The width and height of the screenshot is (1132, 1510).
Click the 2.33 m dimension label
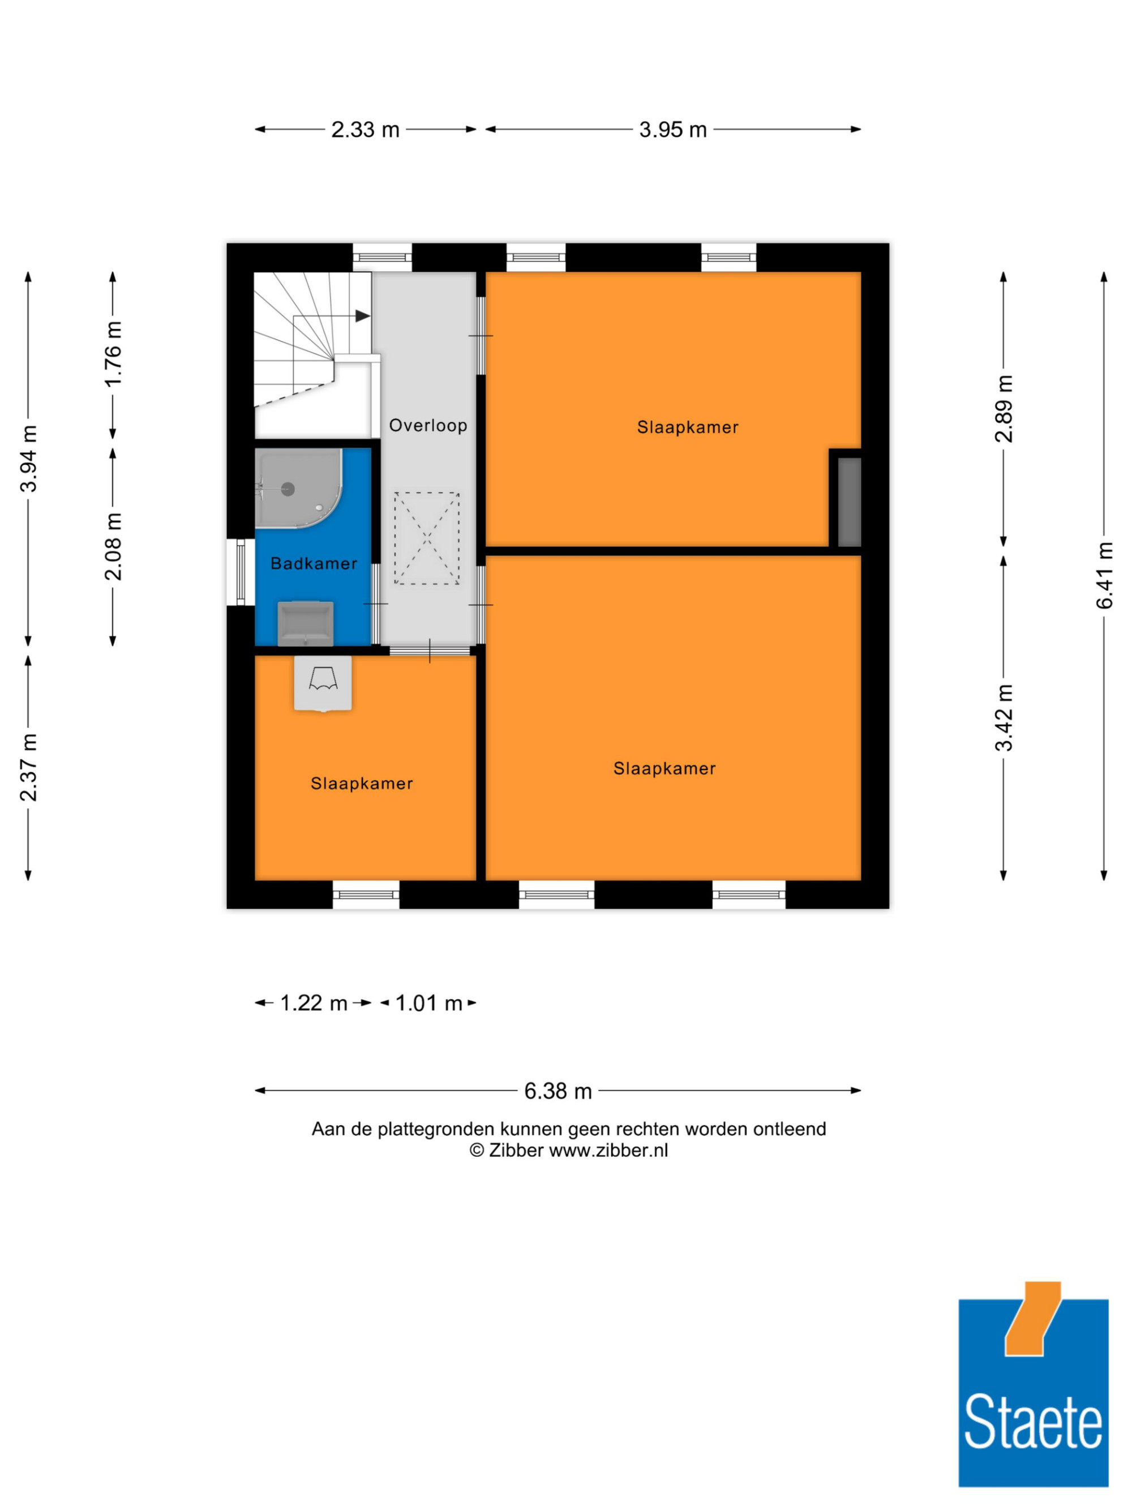tap(365, 129)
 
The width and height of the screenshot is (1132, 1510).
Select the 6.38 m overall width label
tap(558, 1091)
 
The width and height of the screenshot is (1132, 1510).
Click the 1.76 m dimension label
tap(113, 354)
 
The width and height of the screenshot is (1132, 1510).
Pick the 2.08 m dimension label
tap(113, 546)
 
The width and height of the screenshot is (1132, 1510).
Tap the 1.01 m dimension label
tap(428, 1003)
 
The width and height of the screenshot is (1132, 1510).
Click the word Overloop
tap(428, 425)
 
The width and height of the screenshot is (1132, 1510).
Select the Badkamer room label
tap(314, 563)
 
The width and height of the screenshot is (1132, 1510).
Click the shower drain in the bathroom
tap(288, 489)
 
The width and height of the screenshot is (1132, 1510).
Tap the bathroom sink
tap(306, 623)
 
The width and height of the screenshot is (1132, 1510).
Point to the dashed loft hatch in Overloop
tap(426, 538)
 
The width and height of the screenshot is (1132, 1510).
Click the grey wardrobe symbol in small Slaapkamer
tap(323, 683)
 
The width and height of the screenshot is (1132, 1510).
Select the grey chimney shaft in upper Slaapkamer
tap(850, 502)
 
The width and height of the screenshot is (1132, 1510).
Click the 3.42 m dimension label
tap(1004, 717)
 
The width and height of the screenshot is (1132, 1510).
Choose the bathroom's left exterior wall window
tap(240, 572)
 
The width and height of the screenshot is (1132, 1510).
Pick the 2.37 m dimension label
tap(29, 767)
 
